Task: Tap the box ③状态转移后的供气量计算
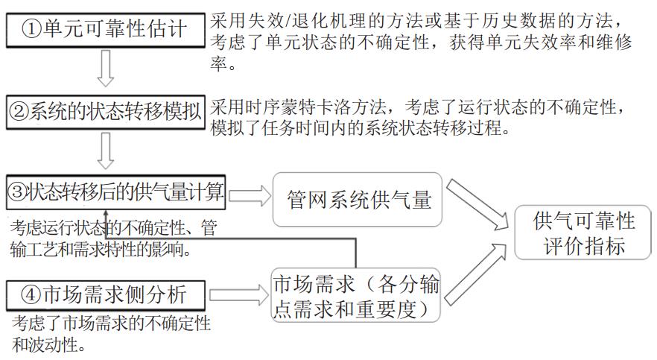click(115, 193)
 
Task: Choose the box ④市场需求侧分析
click(105, 295)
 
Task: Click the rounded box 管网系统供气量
click(358, 200)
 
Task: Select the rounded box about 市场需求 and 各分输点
click(355, 295)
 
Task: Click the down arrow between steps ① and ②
click(105, 69)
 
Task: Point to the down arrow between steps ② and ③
click(105, 151)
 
